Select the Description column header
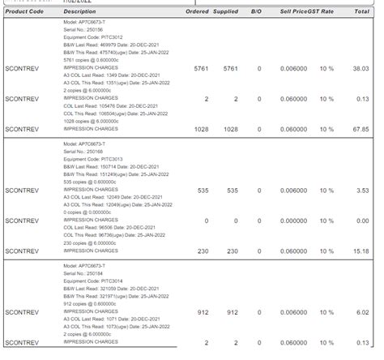79,12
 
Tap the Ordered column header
197,12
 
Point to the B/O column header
257,12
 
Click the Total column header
361,12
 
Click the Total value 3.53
363,191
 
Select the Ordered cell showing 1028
201,129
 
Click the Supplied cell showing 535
231,191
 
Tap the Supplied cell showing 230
231,251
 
